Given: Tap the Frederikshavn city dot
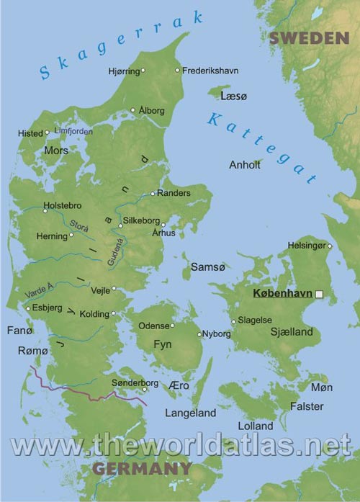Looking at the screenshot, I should (178, 70).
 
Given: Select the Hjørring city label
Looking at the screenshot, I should (124, 70).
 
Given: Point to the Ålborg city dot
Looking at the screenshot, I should (132, 110).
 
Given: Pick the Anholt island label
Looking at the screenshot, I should (244, 165).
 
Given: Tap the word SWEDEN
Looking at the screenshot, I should (310, 38).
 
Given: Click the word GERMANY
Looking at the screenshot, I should (141, 469).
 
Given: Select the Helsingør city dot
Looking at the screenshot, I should (330, 246).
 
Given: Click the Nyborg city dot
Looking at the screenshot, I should (199, 334).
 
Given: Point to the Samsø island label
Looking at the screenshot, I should (204, 267).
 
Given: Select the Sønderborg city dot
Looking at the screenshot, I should (145, 390).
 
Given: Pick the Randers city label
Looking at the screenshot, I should (174, 194).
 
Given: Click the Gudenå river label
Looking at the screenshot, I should (115, 254).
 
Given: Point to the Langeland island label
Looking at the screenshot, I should (190, 413).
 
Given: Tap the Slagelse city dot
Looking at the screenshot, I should (233, 321).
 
